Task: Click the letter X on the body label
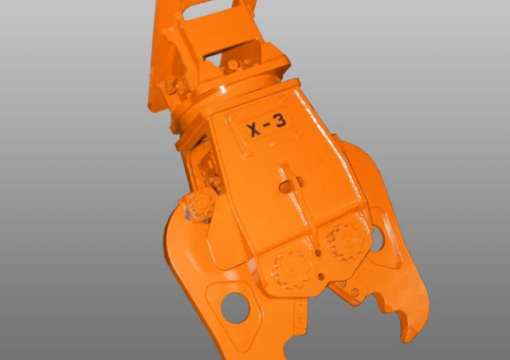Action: click(253, 130)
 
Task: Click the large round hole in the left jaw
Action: click(235, 307)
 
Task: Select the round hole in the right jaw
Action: click(377, 239)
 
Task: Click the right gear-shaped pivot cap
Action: click(345, 241)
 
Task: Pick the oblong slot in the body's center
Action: click(291, 186)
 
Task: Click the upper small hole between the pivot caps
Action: click(318, 252)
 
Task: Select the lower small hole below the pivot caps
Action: click(321, 277)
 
